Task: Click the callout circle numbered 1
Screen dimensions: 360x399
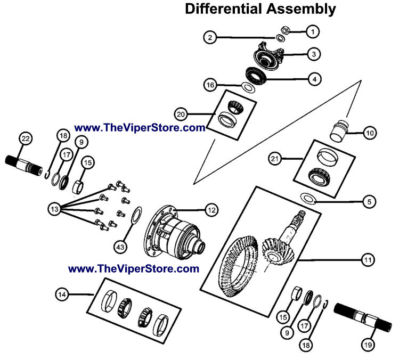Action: tap(313, 32)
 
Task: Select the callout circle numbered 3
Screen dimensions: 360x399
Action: tap(314, 54)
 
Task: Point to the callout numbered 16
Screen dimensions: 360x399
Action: tap(211, 85)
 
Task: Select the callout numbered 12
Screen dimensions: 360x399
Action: tap(211, 210)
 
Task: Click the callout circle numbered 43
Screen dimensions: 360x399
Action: tap(121, 246)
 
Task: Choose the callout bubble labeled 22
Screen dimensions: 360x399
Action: tap(25, 138)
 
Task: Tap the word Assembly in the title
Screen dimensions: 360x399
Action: tap(304, 9)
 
